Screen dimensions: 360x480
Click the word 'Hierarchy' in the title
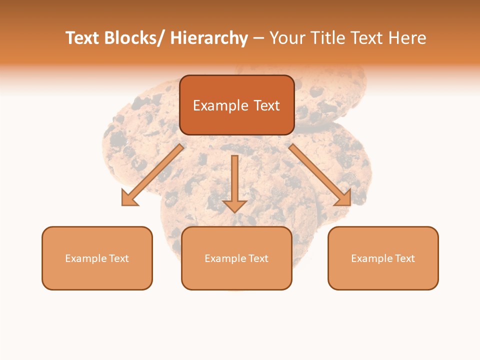click(x=209, y=38)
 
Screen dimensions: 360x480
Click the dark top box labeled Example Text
click(x=236, y=105)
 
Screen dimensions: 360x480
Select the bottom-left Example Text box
click(x=97, y=258)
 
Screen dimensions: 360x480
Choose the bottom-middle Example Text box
click(x=236, y=258)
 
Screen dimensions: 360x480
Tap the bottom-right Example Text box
click(x=383, y=258)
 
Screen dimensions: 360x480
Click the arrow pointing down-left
click(x=152, y=175)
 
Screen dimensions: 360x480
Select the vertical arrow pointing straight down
click(x=234, y=182)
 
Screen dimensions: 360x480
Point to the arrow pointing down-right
click(x=320, y=175)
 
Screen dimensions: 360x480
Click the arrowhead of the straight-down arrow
click(x=234, y=205)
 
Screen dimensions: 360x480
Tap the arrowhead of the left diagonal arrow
click(x=129, y=198)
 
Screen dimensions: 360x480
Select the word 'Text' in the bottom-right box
click(x=404, y=258)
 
